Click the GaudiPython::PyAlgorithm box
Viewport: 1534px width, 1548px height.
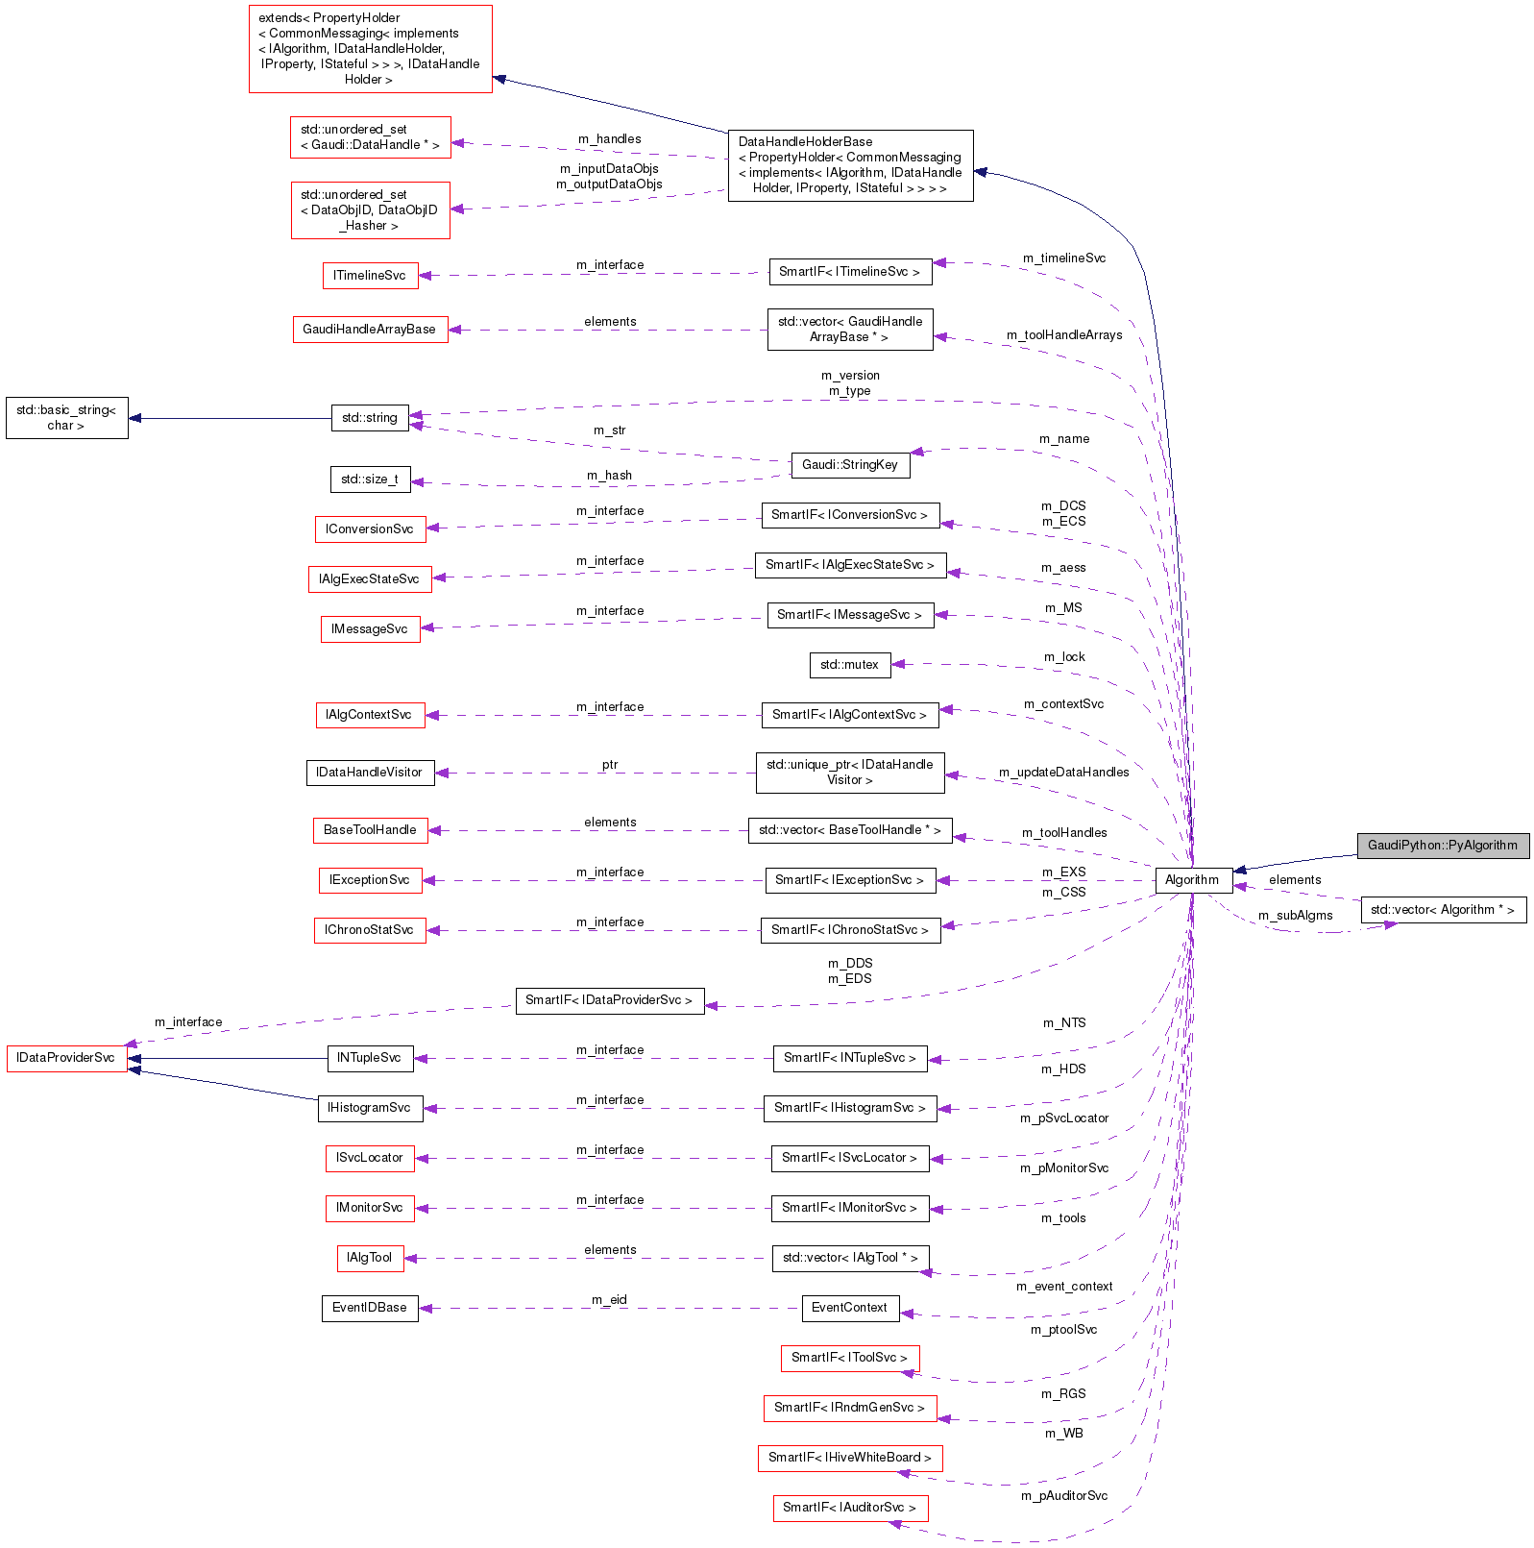click(x=1442, y=846)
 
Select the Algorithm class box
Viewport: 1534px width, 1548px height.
click(x=1192, y=880)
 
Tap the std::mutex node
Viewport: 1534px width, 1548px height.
click(x=849, y=665)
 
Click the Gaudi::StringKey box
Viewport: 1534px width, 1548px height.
click(x=849, y=465)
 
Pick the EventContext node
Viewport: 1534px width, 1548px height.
click(x=849, y=1308)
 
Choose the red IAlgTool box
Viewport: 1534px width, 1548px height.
click(x=370, y=1258)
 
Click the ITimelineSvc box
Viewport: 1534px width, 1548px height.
click(x=370, y=276)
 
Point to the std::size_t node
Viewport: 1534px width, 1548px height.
click(x=370, y=479)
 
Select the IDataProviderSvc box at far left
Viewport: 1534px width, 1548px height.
click(x=66, y=1058)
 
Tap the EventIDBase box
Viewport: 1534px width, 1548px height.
click(x=370, y=1308)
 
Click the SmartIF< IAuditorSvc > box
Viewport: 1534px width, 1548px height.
click(x=849, y=1508)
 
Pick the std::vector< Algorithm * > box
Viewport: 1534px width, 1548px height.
click(x=1442, y=910)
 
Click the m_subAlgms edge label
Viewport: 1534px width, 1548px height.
click(x=1295, y=916)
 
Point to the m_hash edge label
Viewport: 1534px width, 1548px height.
click(x=610, y=476)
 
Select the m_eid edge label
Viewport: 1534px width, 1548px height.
click(x=610, y=1300)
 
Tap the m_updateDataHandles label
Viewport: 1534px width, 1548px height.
click(x=1063, y=773)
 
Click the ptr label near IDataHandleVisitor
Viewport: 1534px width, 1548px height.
click(x=610, y=765)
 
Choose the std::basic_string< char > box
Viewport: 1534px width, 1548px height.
click(x=66, y=418)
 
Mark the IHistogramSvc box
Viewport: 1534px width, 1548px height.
click(x=370, y=1108)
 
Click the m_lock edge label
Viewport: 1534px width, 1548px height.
click(x=1064, y=657)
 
